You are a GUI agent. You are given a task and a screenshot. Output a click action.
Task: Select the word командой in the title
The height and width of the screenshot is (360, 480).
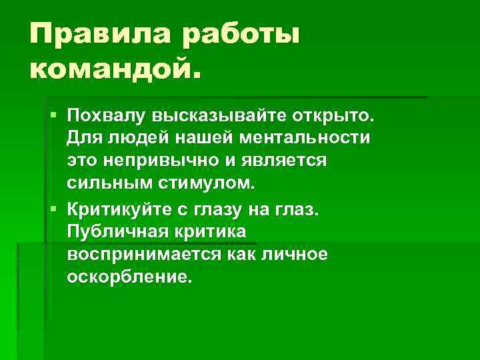[x=113, y=67]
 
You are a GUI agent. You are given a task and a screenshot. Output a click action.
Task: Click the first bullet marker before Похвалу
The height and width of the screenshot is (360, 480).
[x=54, y=117]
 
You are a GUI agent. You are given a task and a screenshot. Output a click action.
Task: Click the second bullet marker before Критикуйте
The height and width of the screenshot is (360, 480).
[x=54, y=210]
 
